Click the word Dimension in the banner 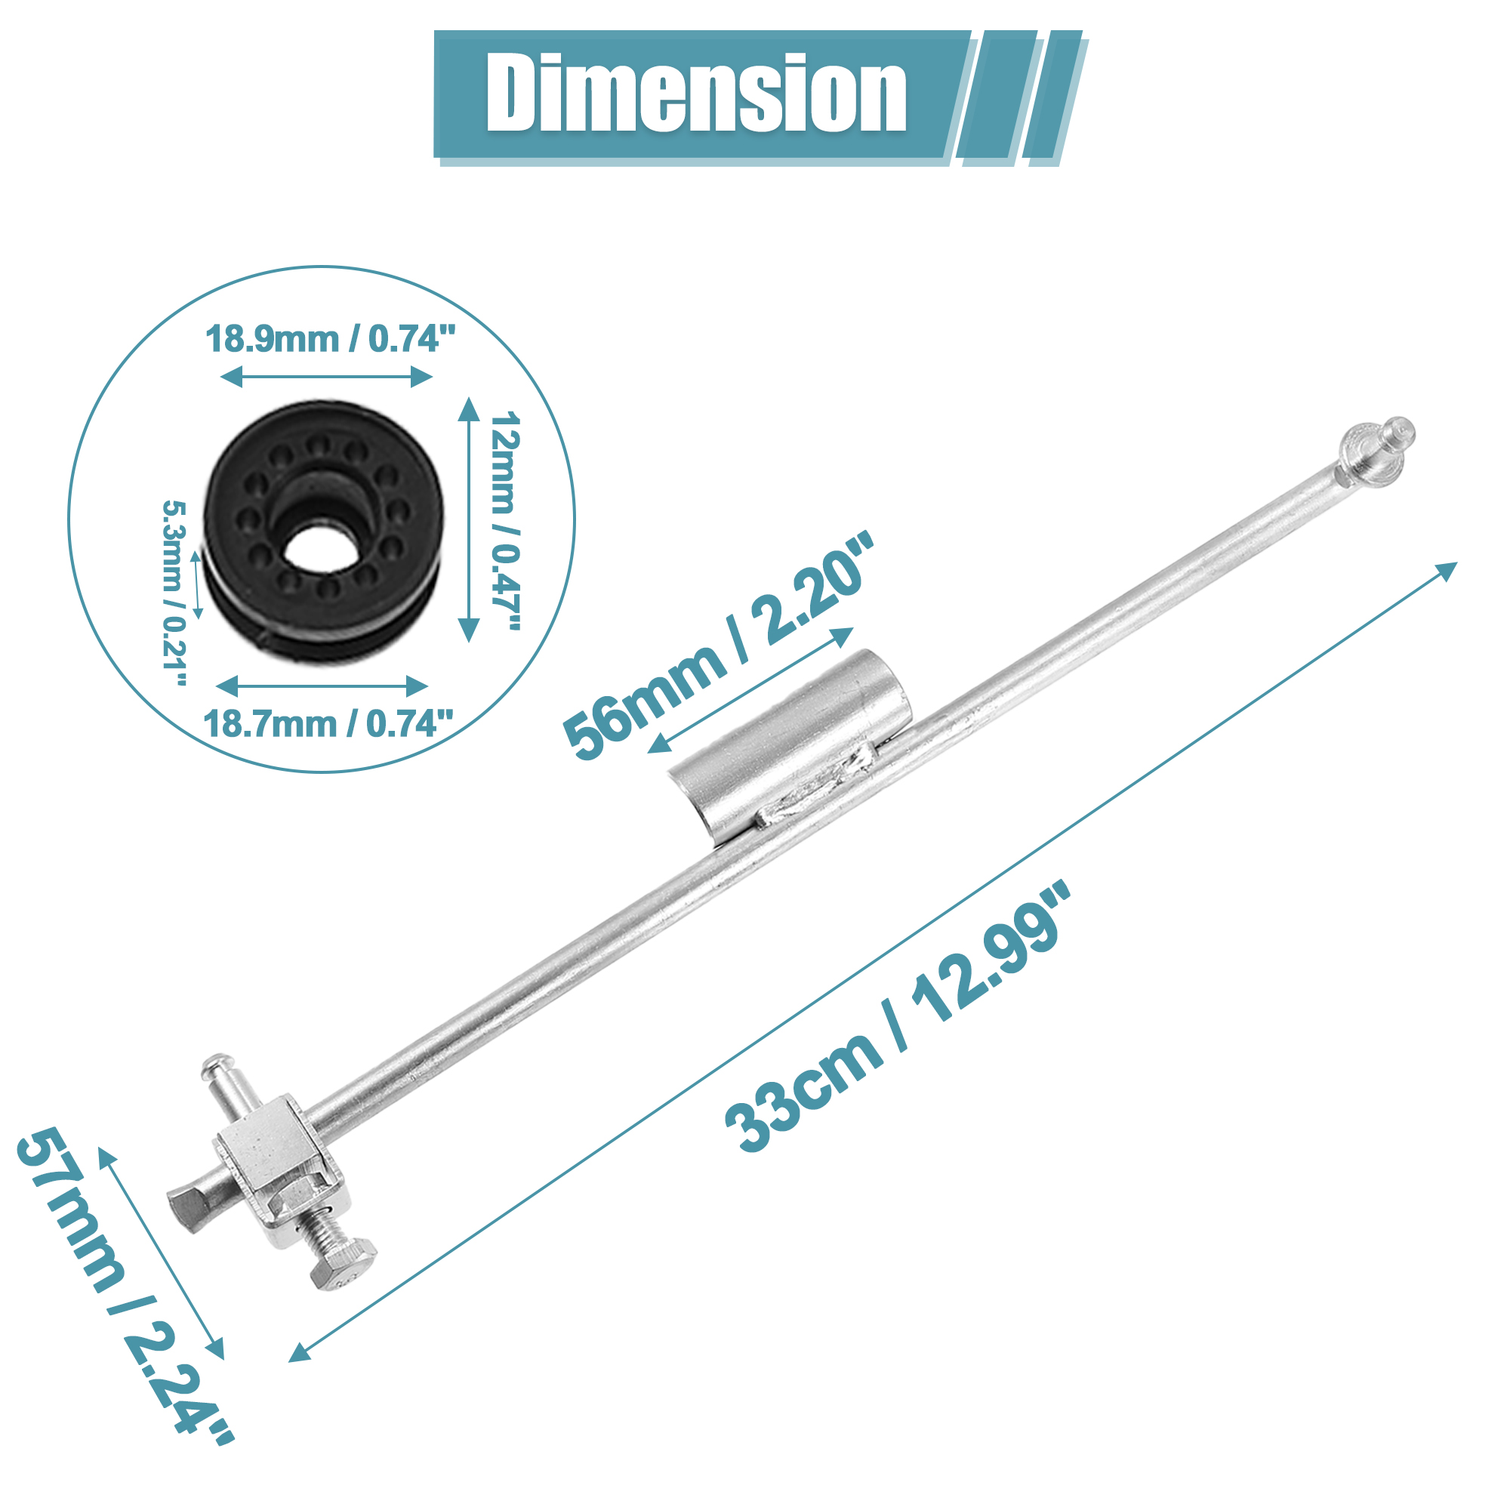click(x=695, y=94)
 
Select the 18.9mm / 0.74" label click(x=330, y=339)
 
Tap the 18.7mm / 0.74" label click(x=328, y=725)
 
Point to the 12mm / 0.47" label click(x=505, y=521)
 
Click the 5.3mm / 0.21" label click(x=174, y=593)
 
